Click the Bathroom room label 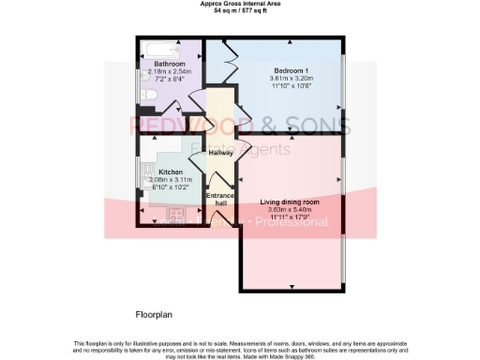169,64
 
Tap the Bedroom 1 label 293,69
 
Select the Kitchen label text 170,172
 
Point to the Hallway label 220,152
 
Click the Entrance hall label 220,199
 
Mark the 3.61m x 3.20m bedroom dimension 293,78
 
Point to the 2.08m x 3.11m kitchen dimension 170,179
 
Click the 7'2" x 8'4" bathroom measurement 169,79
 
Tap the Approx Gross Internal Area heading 239,4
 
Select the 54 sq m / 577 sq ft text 239,11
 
